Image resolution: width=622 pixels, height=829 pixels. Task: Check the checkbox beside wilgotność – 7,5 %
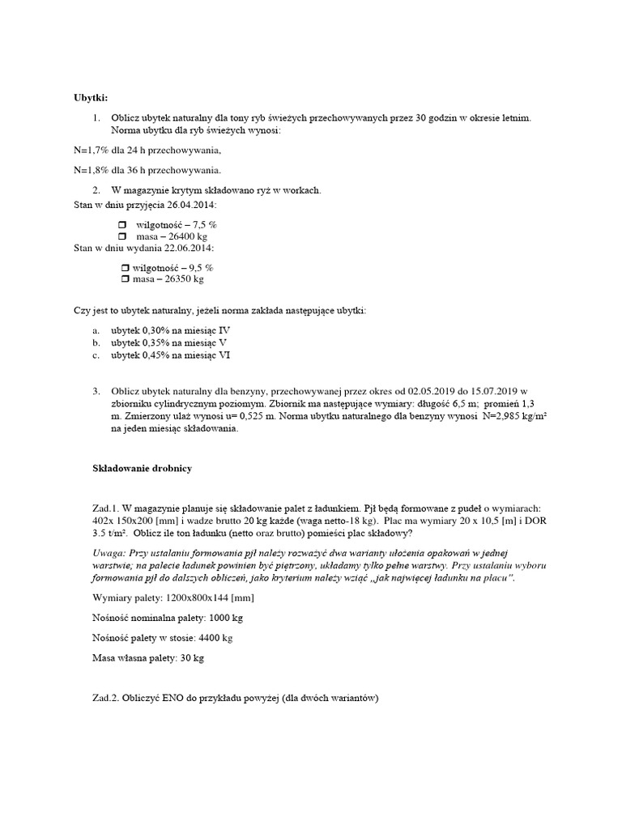[x=124, y=223]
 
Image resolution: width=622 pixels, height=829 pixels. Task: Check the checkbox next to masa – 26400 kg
[x=124, y=236]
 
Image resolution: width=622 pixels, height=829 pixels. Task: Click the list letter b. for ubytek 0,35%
[x=96, y=342]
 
